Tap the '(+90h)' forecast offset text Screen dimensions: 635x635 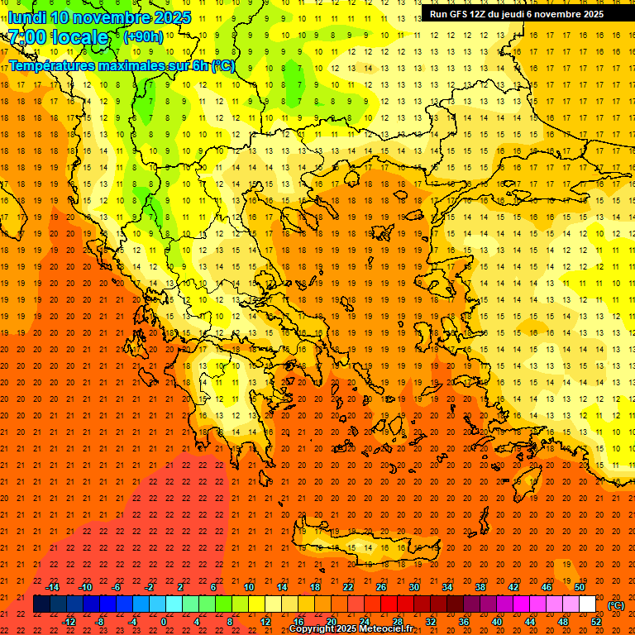143,37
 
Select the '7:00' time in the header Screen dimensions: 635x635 26,38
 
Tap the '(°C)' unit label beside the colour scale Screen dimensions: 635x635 616,605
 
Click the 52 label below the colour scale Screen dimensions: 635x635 596,622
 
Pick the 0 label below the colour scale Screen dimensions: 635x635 164,622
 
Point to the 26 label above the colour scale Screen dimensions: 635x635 381,587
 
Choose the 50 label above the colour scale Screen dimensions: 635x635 580,587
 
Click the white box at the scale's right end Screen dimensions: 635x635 587,604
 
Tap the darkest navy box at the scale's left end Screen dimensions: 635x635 41,604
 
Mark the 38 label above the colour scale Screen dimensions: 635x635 480,587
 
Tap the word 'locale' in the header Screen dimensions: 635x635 79,38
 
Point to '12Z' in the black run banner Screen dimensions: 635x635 486,14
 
